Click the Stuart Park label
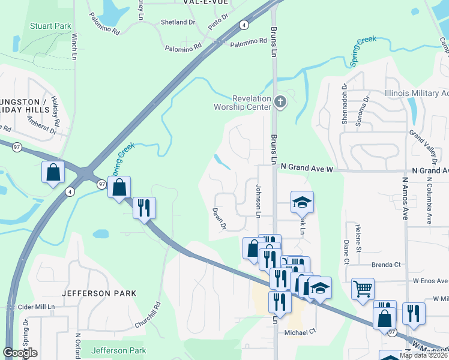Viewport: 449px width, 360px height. coord(50,26)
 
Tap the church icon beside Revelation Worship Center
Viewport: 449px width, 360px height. coord(280,101)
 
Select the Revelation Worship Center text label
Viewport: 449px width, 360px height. coord(243,103)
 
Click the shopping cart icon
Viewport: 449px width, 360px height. coord(363,289)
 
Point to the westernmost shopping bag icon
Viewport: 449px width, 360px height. coord(53,172)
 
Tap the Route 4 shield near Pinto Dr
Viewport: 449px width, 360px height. coord(243,25)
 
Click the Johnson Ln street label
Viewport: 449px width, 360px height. coord(259,200)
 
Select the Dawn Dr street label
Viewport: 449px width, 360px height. coord(218,218)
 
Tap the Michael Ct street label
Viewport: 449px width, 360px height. coord(300,332)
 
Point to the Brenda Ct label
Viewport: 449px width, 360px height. coord(385,265)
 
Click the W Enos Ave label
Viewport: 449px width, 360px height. coord(430,281)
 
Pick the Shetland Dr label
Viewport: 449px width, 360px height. coord(178,22)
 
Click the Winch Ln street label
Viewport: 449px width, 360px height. coord(74,46)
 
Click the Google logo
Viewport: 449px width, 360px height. coord(20,353)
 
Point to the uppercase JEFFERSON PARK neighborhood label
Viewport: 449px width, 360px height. coord(99,293)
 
